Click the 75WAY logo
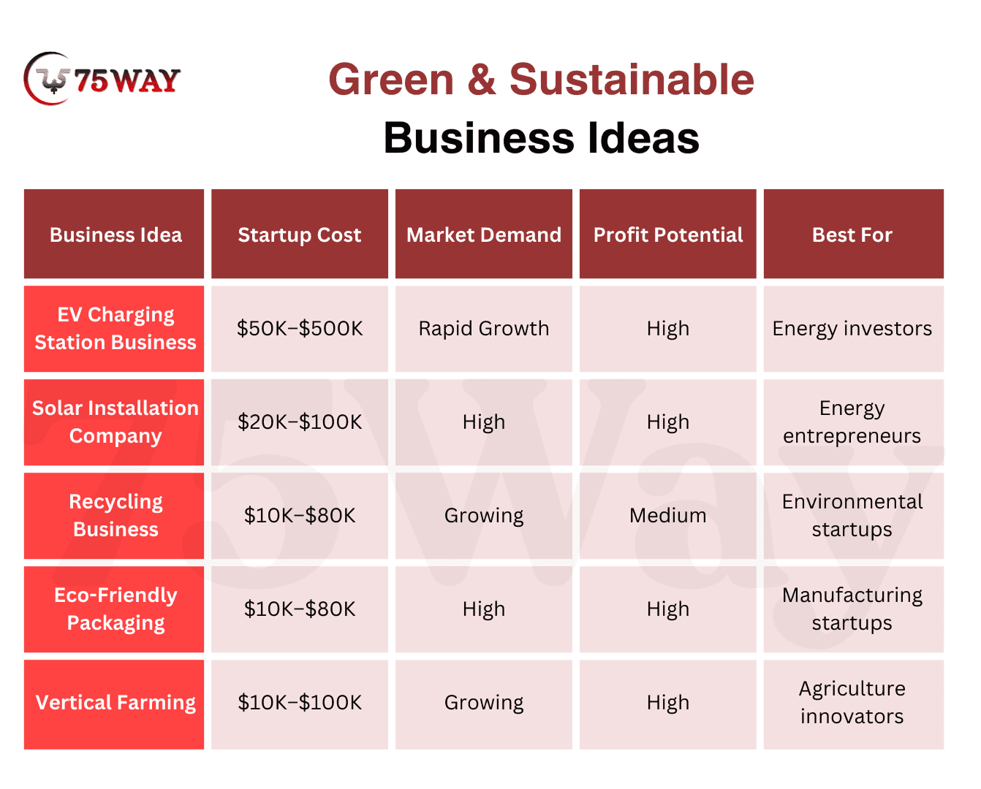pos(102,79)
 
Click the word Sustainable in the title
pos(632,80)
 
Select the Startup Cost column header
pos(300,234)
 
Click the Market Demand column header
pos(484,234)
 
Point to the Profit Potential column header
pos(668,234)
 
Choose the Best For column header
pos(853,234)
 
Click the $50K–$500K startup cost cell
pos(300,329)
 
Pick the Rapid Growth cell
pos(484,329)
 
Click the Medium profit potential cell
pos(668,516)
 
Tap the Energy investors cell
pos(853,329)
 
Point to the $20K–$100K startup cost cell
pos(300,422)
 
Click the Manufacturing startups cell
pos(853,609)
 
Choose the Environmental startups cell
pos(853,516)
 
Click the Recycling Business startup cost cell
pos(300,516)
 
